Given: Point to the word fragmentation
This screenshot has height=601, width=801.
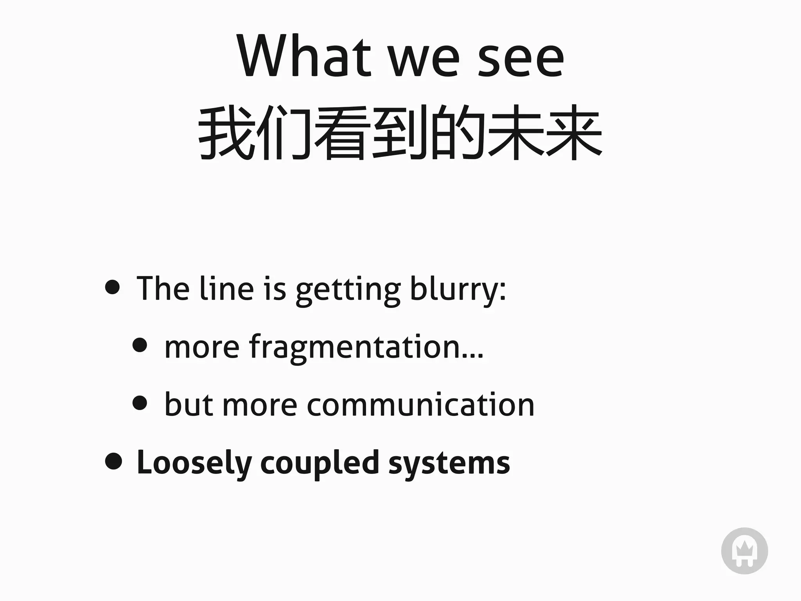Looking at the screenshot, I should (354, 347).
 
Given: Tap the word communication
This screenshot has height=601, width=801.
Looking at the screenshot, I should (420, 405).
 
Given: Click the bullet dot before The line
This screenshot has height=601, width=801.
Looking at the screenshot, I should (113, 287).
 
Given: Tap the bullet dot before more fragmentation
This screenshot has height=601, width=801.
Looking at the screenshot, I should (140, 345).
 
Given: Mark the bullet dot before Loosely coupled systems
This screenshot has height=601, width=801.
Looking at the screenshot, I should (113, 461).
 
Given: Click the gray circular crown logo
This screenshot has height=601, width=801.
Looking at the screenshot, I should (744, 551).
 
